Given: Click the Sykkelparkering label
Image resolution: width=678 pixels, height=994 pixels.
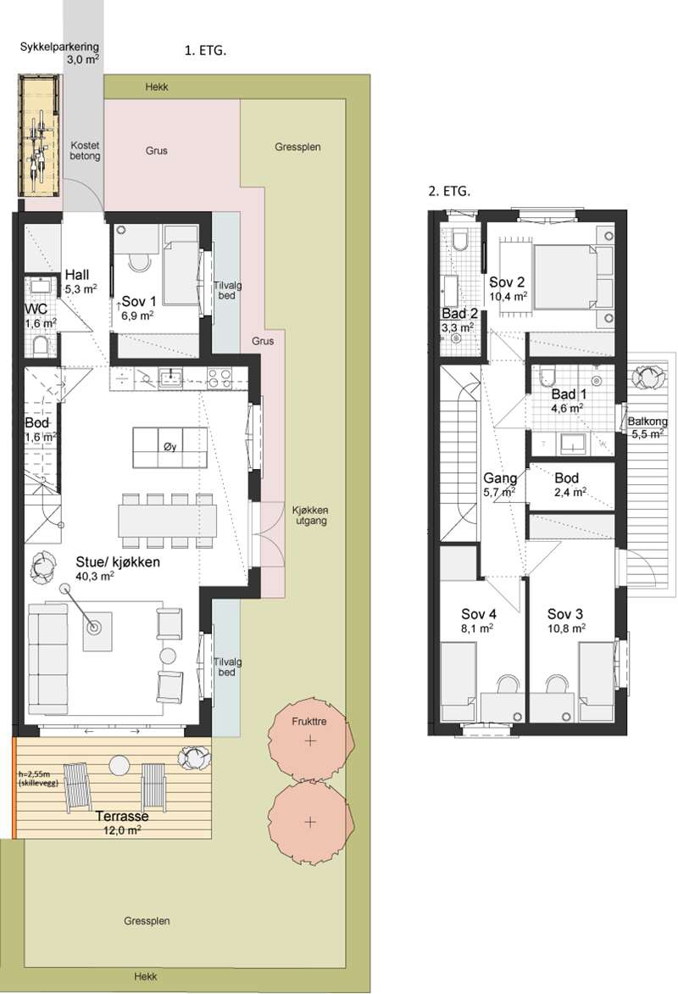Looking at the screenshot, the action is (x=59, y=47).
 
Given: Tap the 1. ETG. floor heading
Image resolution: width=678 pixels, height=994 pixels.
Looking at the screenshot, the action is (x=205, y=52).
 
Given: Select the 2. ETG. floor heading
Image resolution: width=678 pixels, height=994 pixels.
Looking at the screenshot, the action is (x=449, y=191).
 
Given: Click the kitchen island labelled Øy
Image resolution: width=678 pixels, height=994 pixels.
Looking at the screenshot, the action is (x=169, y=448).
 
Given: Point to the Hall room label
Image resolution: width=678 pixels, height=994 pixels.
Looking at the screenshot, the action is (x=77, y=275).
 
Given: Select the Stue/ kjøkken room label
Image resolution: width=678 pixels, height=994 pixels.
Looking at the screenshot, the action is (x=118, y=561).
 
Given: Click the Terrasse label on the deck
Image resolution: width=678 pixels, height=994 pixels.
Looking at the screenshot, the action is (x=122, y=817).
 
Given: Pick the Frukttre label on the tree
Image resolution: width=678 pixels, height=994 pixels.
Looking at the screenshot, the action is (x=309, y=722).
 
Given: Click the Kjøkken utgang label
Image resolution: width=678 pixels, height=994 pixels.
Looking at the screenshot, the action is (x=310, y=516).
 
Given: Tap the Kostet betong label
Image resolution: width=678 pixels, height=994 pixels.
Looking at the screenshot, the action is (x=85, y=150).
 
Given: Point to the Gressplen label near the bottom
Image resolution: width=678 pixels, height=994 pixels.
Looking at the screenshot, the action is (x=147, y=920).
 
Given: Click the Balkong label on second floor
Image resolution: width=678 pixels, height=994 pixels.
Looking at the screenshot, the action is (x=647, y=422).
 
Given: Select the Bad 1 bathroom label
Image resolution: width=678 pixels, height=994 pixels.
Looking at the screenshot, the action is (x=569, y=394).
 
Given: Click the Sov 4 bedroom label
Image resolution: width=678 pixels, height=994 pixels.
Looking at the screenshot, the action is (x=478, y=614).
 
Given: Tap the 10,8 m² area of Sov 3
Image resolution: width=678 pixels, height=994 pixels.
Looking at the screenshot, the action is (x=566, y=628).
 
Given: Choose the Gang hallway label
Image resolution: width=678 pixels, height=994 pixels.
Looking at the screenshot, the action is (x=501, y=478).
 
